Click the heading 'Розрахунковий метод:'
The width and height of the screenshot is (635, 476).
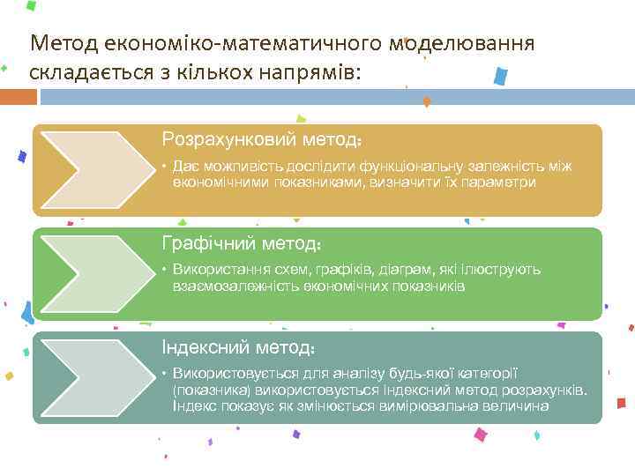click(x=262, y=139)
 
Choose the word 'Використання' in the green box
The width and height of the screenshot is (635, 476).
click(x=218, y=270)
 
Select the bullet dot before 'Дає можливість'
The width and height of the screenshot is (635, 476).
click(x=164, y=166)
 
